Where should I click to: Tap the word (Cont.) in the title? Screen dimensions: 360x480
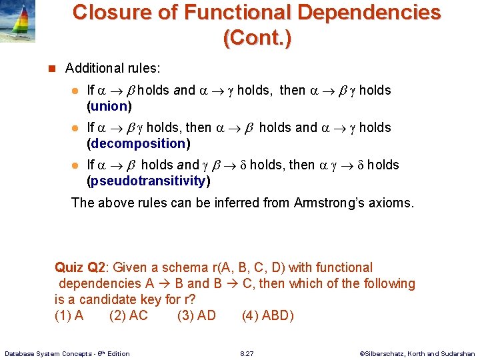tap(257, 38)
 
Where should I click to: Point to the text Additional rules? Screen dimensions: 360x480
tap(113, 68)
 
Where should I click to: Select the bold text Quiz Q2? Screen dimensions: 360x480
tap(80, 267)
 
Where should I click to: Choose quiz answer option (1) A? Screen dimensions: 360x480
tap(69, 315)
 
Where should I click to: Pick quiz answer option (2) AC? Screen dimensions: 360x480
tap(129, 315)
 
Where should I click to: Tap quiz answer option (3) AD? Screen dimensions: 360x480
tap(197, 315)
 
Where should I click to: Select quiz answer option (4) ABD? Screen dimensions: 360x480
tap(267, 315)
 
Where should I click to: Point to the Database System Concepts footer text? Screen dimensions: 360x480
tap(67, 353)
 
